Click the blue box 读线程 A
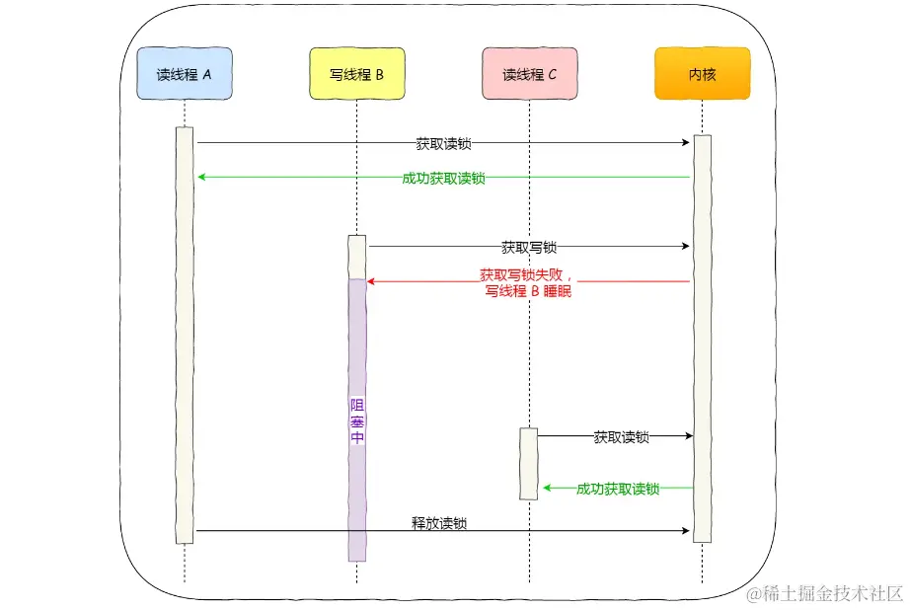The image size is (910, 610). (185, 74)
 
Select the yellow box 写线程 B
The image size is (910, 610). (356, 74)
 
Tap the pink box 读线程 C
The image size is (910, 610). (529, 74)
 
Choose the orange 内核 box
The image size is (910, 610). (702, 74)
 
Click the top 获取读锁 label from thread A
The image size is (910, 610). (443, 143)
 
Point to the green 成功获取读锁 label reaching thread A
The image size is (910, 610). (443, 178)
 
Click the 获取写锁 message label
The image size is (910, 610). (528, 248)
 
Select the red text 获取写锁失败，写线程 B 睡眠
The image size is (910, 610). (528, 282)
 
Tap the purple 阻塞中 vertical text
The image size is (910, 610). (356, 422)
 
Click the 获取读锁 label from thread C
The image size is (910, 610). (621, 436)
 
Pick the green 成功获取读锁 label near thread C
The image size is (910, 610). (617, 489)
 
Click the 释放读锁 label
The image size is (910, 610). (438, 523)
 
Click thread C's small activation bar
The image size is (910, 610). (529, 464)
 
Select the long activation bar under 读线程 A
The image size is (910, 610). (185, 336)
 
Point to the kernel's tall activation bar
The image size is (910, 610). (702, 336)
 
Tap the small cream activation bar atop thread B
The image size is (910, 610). (356, 257)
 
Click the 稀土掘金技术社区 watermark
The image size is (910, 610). (825, 593)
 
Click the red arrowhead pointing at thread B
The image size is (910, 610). (372, 281)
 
